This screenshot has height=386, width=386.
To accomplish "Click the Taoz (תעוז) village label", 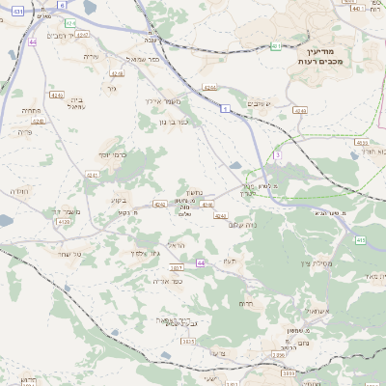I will (x=229, y=261).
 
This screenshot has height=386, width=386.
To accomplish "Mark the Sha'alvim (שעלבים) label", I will (x=261, y=103).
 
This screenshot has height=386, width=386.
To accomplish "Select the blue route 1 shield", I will (x=225, y=109).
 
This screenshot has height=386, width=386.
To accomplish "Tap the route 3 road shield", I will (x=278, y=154).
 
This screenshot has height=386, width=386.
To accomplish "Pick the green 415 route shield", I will (x=361, y=239).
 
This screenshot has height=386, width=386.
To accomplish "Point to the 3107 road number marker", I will (x=177, y=267).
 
